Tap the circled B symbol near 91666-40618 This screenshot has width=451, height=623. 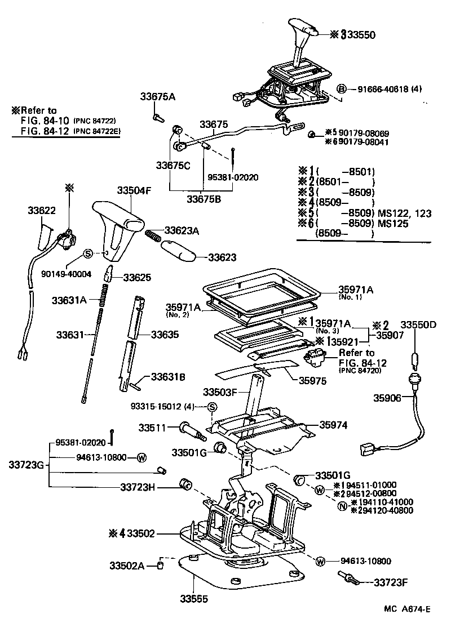pyautogui.click(x=341, y=89)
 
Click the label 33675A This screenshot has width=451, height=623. pyautogui.click(x=158, y=97)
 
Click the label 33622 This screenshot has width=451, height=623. pyautogui.click(x=42, y=210)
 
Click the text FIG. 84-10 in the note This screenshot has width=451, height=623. pyautogui.click(x=45, y=121)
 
